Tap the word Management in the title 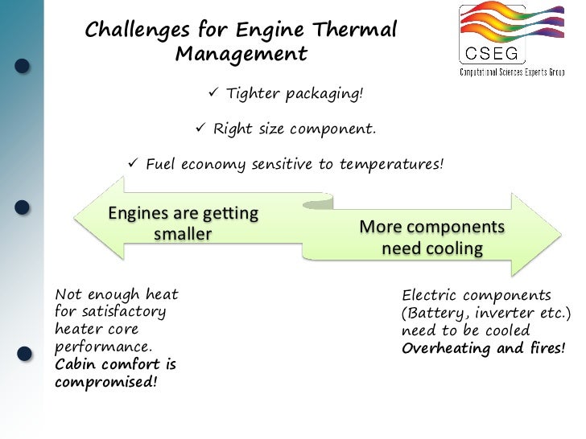[x=241, y=55]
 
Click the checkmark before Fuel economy [x=134, y=164]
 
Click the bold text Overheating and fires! [x=482, y=348]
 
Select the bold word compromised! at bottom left [x=104, y=381]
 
